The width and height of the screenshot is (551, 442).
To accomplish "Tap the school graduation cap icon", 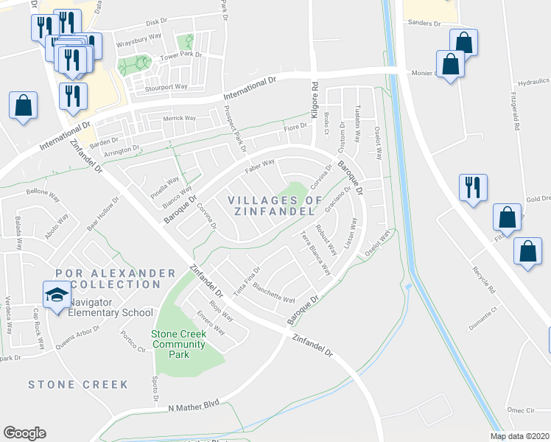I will [57, 296].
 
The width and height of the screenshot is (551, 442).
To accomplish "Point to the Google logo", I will [24, 433].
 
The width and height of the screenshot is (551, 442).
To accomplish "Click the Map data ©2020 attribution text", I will [520, 436].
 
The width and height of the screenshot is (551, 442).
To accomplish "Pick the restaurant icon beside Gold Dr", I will [471, 188].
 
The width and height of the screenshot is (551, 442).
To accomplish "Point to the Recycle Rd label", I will [482, 273].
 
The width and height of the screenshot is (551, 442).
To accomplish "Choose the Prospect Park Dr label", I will [234, 129].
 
